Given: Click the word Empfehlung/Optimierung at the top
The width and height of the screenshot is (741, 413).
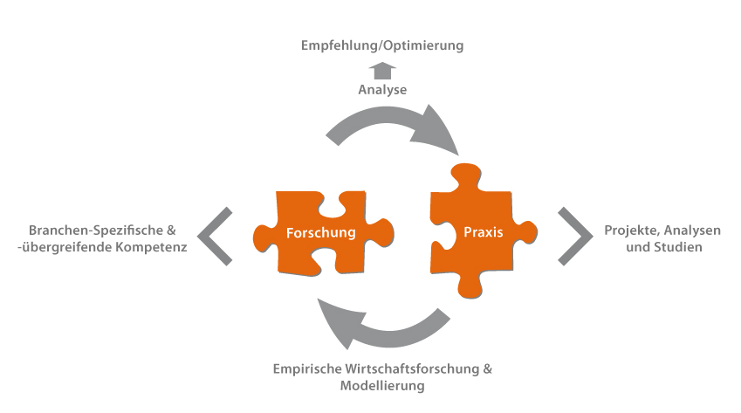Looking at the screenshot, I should click(x=382, y=45).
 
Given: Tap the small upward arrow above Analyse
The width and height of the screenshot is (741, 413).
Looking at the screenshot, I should click(x=383, y=70).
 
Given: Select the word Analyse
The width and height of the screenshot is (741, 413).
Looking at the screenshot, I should click(x=382, y=90).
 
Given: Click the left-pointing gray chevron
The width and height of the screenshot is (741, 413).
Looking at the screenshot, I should click(x=214, y=236).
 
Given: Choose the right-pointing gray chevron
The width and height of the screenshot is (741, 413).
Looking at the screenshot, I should click(x=575, y=236).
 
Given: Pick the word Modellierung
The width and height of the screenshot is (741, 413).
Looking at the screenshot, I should click(x=381, y=385).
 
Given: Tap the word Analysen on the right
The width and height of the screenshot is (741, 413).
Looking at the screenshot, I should click(x=694, y=231).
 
